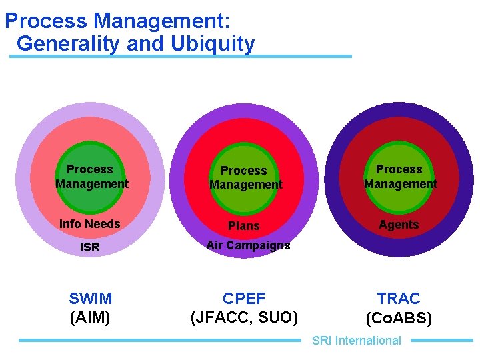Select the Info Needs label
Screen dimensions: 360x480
click(89, 224)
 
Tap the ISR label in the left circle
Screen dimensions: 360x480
click(89, 247)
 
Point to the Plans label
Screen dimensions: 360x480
click(244, 226)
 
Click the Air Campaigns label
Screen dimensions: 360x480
click(248, 245)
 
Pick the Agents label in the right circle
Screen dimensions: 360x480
click(399, 225)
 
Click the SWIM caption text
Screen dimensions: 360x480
click(90, 298)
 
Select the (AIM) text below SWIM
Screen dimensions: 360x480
click(90, 317)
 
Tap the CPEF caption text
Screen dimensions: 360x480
click(244, 298)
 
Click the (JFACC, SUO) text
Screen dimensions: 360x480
click(244, 317)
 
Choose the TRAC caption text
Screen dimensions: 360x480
click(399, 298)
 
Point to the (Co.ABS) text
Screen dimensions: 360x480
click(399, 318)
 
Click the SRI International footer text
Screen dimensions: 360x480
click(357, 341)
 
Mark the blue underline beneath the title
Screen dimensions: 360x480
click(180, 57)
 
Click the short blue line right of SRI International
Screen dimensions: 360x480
click(441, 340)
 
